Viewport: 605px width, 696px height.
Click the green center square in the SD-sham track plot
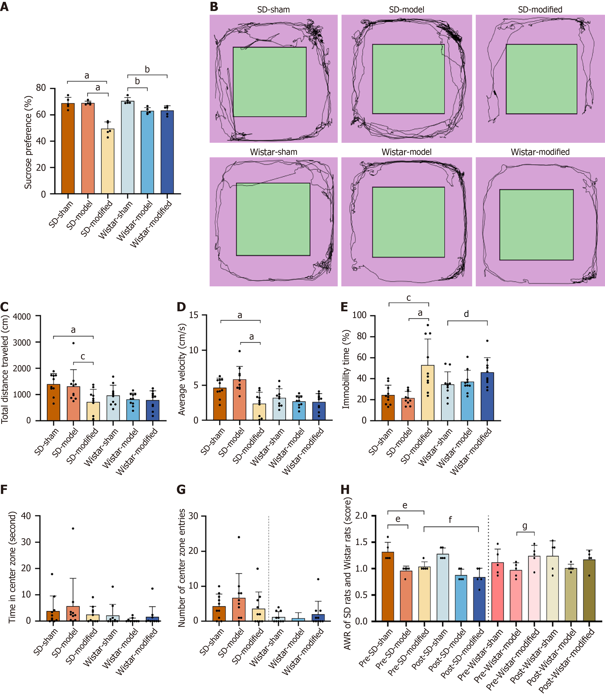[x=269, y=82]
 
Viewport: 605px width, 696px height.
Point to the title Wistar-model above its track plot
[x=407, y=152]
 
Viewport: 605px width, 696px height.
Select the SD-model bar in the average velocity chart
[x=240, y=400]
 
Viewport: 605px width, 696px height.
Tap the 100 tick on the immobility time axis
[x=359, y=315]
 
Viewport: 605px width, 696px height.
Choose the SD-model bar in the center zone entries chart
[x=239, y=610]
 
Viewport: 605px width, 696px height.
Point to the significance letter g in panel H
[x=525, y=526]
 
